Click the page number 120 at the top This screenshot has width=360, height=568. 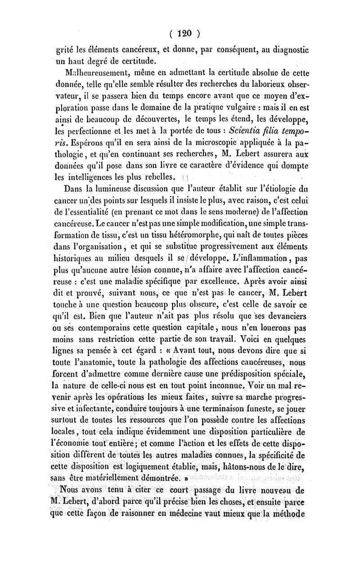click(184, 33)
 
